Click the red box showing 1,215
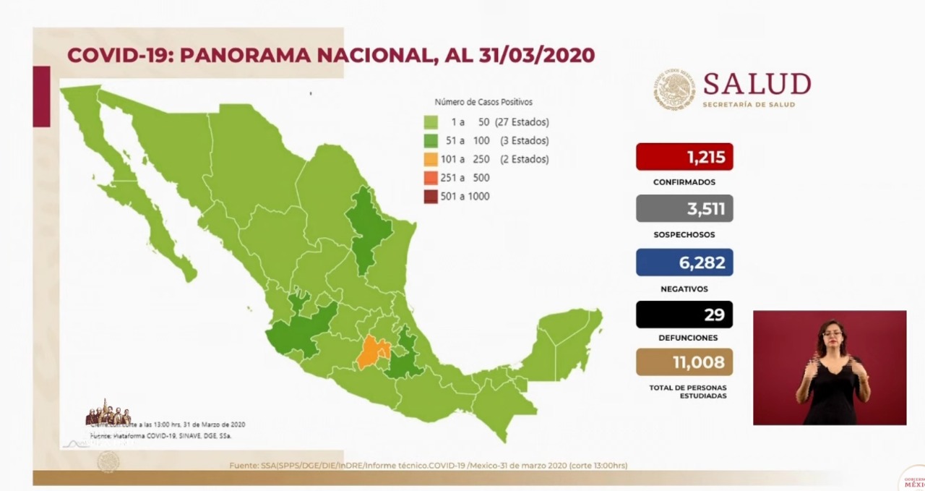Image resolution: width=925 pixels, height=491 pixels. [x=684, y=157]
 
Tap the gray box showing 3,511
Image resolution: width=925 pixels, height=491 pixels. [x=684, y=208]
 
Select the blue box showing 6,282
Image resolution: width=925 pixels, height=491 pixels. [x=684, y=262]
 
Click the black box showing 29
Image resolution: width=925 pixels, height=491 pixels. [x=684, y=315]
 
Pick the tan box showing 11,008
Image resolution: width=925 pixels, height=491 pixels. [x=684, y=362]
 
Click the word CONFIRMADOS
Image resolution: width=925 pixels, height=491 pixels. [x=684, y=182]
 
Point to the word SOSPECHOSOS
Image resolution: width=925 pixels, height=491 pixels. [x=684, y=235]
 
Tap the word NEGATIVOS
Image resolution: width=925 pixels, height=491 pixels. [x=684, y=289]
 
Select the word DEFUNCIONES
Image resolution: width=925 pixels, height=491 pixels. [x=684, y=338]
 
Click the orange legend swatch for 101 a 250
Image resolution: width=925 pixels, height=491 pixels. [x=431, y=159]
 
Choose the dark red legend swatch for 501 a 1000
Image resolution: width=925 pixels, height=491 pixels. [x=431, y=196]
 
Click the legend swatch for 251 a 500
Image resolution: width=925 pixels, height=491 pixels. [x=431, y=178]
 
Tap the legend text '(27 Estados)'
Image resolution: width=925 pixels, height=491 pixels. [x=522, y=122]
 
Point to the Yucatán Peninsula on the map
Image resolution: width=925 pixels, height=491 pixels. [x=567, y=340]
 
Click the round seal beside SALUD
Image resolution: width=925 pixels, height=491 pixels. [x=675, y=90]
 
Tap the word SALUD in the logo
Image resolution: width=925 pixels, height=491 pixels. [x=757, y=85]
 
